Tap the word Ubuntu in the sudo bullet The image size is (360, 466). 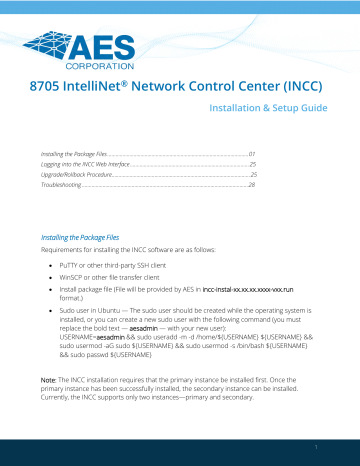(x=111, y=301)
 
